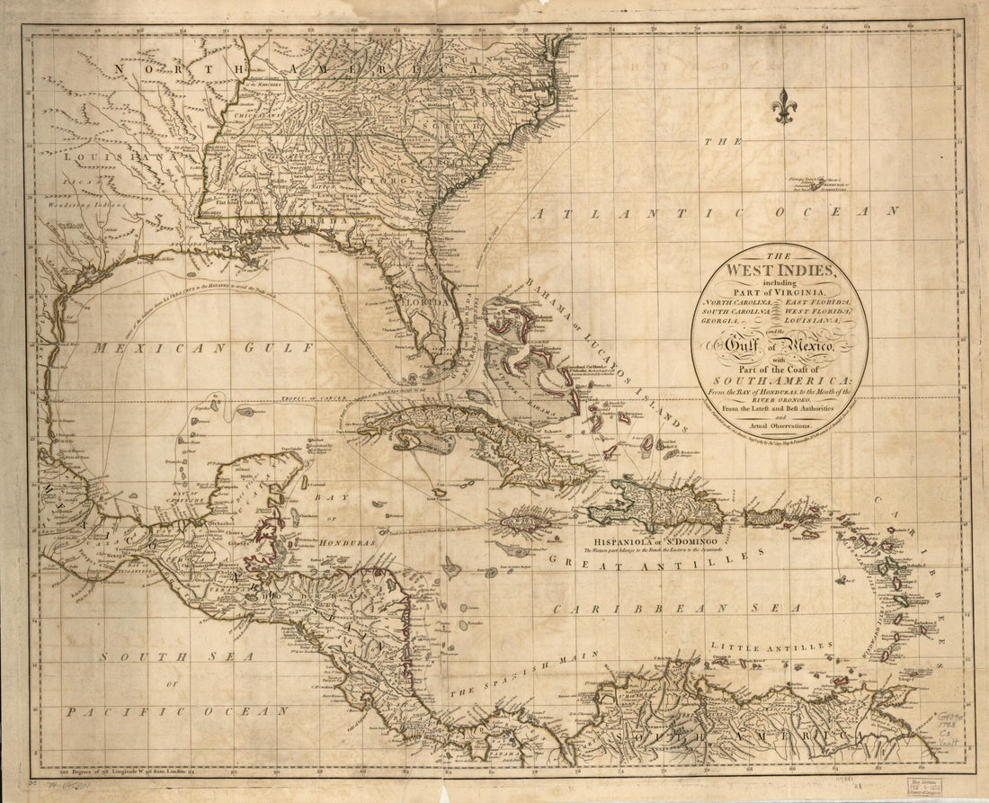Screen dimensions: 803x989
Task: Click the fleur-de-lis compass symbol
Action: pos(784,106)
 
